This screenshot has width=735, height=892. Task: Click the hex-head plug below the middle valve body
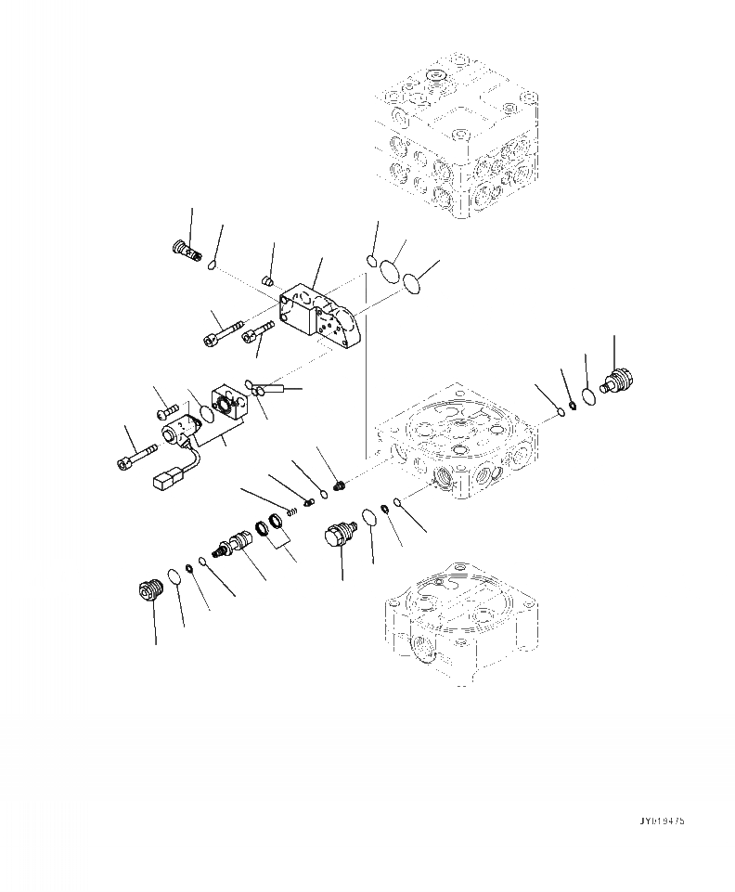pyautogui.click(x=337, y=536)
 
